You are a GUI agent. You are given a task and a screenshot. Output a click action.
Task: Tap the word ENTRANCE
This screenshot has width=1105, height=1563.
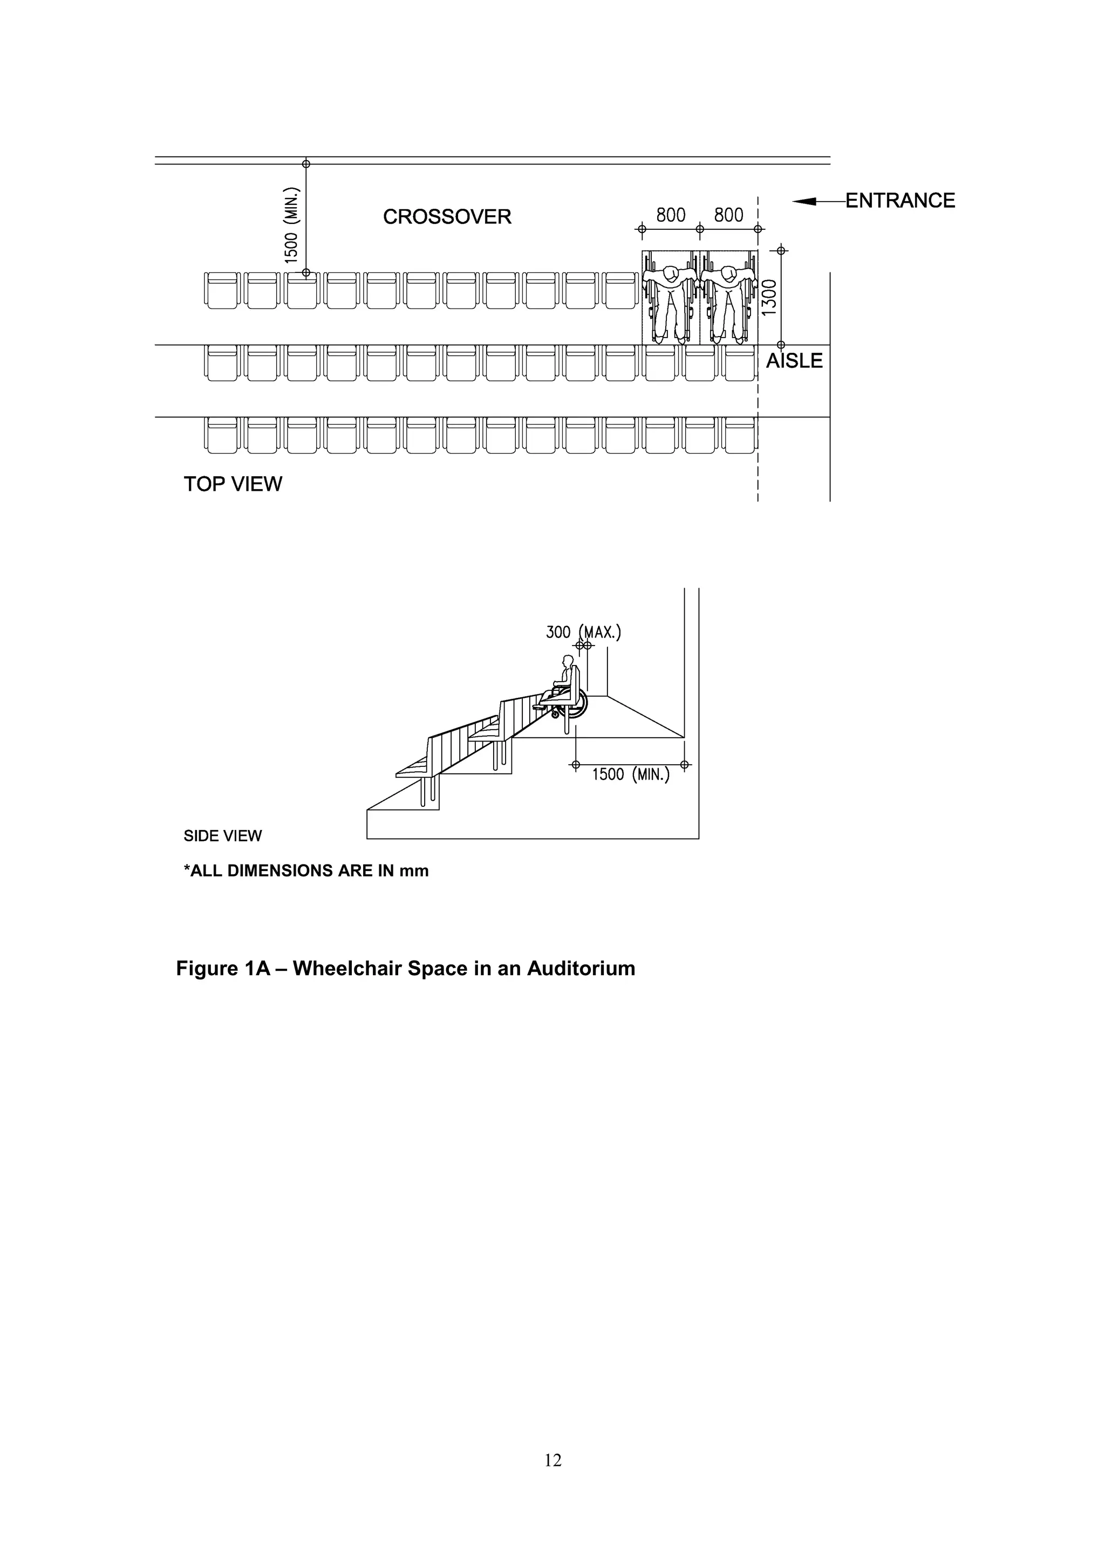click(x=899, y=200)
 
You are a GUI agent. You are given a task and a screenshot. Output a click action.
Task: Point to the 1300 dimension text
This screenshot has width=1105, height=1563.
click(x=769, y=298)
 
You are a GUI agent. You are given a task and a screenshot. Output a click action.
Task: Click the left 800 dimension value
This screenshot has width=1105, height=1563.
click(x=671, y=215)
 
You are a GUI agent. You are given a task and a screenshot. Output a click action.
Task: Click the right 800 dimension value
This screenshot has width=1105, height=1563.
click(x=728, y=215)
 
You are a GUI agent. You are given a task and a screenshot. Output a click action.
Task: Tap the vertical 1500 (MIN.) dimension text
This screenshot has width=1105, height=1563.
click(x=291, y=225)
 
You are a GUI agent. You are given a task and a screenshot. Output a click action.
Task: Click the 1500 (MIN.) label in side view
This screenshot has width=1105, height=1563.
click(x=630, y=774)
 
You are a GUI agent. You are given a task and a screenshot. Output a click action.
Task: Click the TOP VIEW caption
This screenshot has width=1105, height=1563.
click(x=233, y=484)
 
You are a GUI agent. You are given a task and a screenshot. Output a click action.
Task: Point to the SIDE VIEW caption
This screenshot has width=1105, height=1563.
click(x=223, y=836)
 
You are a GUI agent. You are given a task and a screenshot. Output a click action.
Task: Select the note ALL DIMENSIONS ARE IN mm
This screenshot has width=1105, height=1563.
click(x=306, y=870)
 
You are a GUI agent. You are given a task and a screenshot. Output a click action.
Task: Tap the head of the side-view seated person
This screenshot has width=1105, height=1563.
click(x=567, y=660)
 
